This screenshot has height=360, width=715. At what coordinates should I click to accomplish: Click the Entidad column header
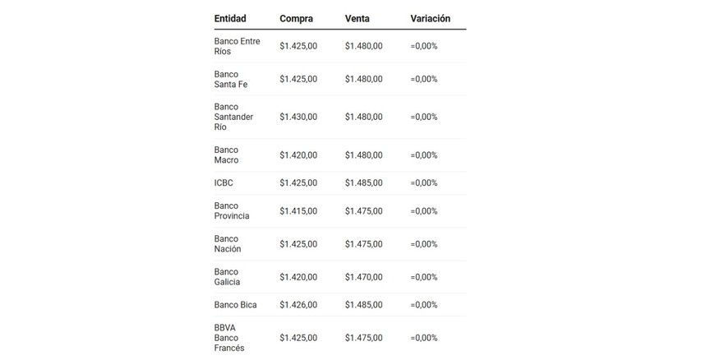click(x=230, y=19)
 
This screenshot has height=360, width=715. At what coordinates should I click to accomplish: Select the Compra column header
click(x=296, y=19)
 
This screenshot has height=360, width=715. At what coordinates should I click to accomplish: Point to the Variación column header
click(x=430, y=19)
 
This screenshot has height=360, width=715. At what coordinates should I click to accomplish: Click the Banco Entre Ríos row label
click(x=237, y=46)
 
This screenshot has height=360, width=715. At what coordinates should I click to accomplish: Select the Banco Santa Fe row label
click(x=230, y=79)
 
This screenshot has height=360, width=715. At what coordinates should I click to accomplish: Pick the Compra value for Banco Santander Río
click(x=298, y=117)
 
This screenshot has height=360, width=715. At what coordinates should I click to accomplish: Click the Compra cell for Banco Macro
click(x=298, y=155)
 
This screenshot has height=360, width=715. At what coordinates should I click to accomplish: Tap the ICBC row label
click(x=224, y=182)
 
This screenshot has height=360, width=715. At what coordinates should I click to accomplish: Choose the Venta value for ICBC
click(x=363, y=182)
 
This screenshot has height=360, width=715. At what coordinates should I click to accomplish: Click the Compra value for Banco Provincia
click(x=298, y=211)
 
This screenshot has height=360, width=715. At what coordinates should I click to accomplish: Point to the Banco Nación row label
click(x=228, y=244)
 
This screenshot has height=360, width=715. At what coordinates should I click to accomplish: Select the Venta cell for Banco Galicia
click(x=363, y=277)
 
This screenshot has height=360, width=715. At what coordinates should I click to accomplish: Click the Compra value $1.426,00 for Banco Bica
click(x=298, y=305)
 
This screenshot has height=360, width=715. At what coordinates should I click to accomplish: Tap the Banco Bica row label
click(x=235, y=305)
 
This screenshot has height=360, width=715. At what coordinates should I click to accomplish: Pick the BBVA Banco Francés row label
click(x=229, y=338)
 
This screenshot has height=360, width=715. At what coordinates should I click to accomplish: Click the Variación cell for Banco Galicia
click(x=424, y=277)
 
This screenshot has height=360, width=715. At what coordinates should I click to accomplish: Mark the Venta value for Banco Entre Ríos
click(x=363, y=46)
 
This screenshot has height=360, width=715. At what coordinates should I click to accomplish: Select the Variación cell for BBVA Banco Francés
click(x=424, y=338)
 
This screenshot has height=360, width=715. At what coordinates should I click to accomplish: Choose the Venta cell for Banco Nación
click(x=363, y=244)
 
